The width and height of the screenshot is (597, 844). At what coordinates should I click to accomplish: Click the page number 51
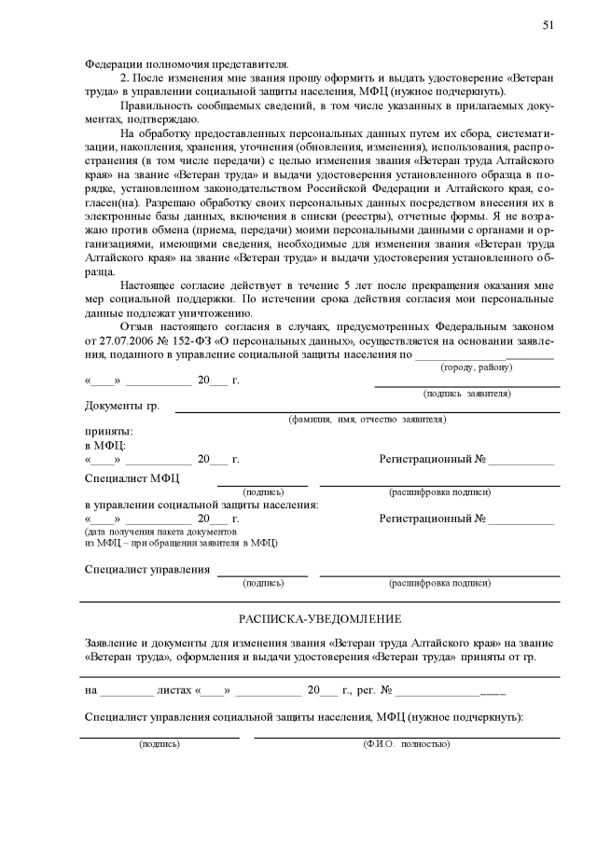point(548,25)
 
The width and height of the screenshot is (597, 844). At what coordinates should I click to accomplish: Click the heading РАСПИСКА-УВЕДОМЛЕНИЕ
point(320,618)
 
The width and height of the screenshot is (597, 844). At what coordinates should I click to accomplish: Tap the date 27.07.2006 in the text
point(111,340)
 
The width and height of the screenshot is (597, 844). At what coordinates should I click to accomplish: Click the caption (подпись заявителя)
point(466,394)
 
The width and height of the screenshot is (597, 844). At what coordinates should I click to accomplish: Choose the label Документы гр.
point(122,407)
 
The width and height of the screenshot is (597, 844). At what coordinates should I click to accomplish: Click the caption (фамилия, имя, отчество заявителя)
point(368,420)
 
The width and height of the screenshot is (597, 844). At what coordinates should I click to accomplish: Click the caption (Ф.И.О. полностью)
point(406,744)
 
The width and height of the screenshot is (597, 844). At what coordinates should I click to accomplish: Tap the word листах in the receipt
point(175,691)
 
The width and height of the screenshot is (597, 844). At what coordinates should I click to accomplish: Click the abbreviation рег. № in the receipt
point(373,691)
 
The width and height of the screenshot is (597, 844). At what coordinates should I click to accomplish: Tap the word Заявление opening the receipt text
point(116,643)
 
